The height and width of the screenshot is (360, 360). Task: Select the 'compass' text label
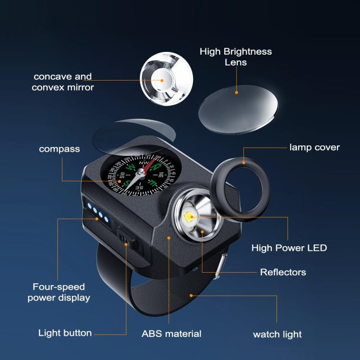[x=60, y=149]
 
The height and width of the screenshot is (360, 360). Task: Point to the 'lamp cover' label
[x=314, y=147]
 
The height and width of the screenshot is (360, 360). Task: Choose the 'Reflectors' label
[x=283, y=272]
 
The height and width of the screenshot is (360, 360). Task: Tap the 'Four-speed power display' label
[x=59, y=292]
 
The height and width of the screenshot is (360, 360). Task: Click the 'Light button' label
[x=65, y=333]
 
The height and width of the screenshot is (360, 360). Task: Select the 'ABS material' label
[x=171, y=333]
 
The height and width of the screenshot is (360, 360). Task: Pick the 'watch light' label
[x=277, y=335]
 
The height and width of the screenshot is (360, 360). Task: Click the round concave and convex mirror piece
[x=166, y=78]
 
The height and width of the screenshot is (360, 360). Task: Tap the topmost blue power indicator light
[x=90, y=206]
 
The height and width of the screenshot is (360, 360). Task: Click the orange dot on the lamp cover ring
[x=244, y=162]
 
